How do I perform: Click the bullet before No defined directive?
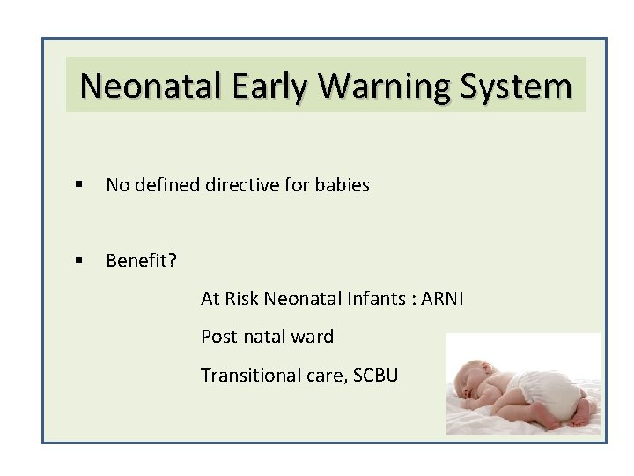pyautogui.click(x=79, y=186)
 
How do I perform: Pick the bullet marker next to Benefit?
pyautogui.click(x=79, y=261)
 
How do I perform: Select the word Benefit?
pyautogui.click(x=141, y=261)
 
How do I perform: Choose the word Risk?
pyautogui.click(x=242, y=299)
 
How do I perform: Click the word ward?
pyautogui.click(x=315, y=337)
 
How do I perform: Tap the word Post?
pyautogui.click(x=218, y=337)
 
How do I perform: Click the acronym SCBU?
pyautogui.click(x=376, y=375)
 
